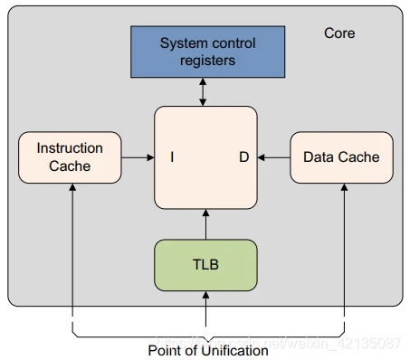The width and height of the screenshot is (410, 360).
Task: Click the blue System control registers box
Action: [x=208, y=52]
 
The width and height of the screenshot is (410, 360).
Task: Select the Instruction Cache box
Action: [x=70, y=157]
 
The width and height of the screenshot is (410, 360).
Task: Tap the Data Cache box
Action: [x=341, y=157]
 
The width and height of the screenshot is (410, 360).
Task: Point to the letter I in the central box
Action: [x=172, y=157]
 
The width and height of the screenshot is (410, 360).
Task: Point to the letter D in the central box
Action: [x=243, y=157]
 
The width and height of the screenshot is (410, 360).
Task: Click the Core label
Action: [x=339, y=33]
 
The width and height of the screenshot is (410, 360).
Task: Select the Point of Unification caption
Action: [x=207, y=350]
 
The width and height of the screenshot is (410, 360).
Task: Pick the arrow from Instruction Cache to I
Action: [x=137, y=157]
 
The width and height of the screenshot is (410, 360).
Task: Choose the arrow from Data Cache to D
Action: [x=273, y=157]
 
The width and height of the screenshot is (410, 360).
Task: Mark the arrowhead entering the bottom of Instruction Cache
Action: [x=70, y=189]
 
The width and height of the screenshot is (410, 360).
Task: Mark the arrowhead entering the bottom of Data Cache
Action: [x=345, y=189]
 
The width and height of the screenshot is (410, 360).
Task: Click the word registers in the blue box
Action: [x=207, y=61]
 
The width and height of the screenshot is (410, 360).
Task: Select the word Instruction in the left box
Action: [x=70, y=148]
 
